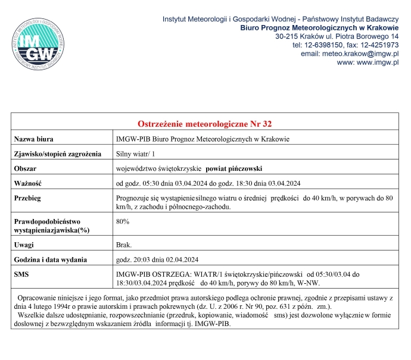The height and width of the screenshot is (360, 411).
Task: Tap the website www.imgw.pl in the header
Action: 377,62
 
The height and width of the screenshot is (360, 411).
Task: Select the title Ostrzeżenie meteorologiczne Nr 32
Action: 205,124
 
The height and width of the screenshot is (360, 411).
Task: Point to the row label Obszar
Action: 26,168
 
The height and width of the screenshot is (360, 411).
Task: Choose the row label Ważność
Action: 28,183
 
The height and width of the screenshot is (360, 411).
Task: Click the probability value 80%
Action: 123,221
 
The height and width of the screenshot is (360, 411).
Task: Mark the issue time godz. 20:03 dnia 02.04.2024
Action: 158,259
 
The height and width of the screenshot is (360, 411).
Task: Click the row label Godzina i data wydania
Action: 51,259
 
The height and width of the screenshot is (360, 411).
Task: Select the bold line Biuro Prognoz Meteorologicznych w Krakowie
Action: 319,28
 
